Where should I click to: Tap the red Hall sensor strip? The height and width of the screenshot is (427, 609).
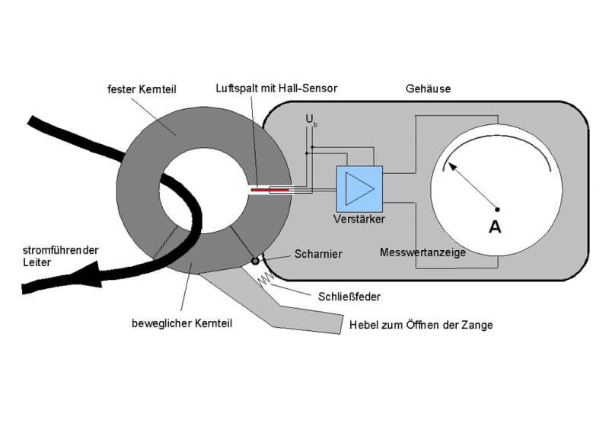271,188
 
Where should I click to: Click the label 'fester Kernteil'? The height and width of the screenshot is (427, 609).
142,89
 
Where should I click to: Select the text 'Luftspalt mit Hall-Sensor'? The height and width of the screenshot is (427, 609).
276,88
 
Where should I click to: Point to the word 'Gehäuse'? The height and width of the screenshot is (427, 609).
429,89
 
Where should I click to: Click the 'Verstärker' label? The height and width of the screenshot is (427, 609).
359,219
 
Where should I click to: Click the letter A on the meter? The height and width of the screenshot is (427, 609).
494,226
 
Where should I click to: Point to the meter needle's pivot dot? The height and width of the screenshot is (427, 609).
498,208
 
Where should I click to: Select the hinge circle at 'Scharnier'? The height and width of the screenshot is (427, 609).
256,262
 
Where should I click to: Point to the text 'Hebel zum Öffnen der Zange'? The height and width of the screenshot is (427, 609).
421,325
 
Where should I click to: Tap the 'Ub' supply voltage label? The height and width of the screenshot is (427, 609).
310,120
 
